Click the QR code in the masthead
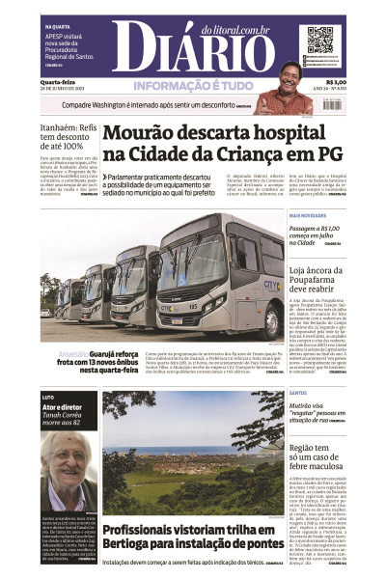click(325, 41)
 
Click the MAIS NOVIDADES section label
click(309, 215)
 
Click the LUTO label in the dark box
click(48, 397)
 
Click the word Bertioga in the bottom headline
click(126, 546)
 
